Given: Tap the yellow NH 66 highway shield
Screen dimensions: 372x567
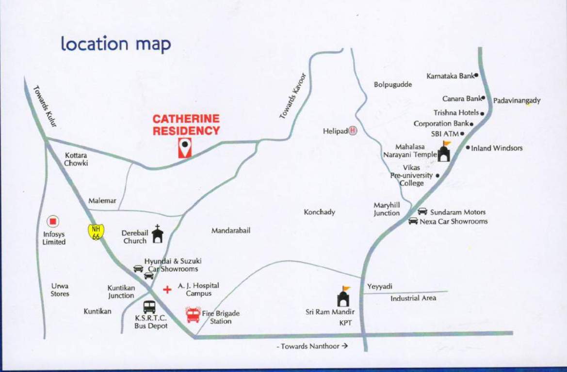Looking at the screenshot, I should (96, 231).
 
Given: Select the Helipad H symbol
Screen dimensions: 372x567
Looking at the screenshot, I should (353, 130).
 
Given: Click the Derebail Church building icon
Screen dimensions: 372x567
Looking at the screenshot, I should (157, 234).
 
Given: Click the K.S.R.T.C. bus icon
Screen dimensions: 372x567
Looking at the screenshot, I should (149, 307).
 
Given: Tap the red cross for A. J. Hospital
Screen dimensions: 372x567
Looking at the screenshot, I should (167, 290).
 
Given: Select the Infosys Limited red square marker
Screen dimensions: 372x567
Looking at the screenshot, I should (53, 222).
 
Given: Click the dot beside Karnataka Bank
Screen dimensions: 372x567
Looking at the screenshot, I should (476, 75).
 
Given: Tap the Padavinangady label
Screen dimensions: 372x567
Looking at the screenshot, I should (517, 101).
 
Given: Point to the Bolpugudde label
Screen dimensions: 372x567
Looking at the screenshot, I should (393, 85).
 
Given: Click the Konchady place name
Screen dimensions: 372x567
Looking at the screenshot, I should (319, 212).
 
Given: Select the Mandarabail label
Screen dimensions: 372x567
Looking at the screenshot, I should (231, 231).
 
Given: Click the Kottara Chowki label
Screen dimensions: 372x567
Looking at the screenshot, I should (76, 159).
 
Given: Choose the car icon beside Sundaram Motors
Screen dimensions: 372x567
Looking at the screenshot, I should (422, 212).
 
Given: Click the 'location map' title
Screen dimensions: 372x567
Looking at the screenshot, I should (116, 44).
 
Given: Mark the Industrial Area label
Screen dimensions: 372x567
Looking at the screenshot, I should (413, 298).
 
